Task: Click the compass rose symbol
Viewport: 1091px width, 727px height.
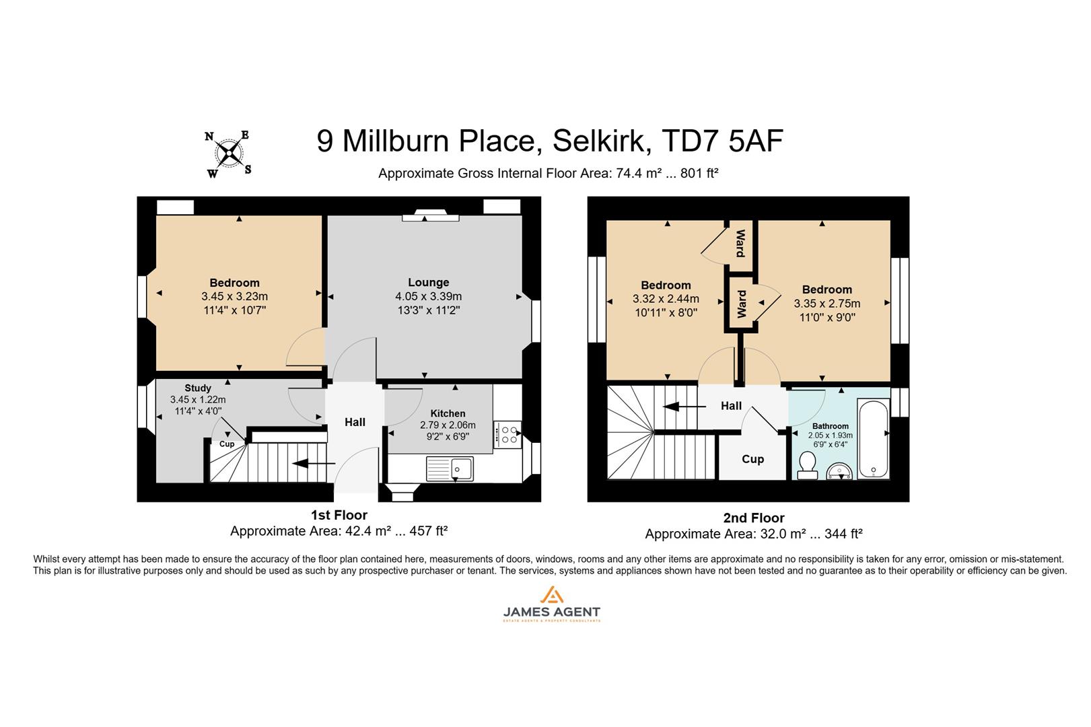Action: pyautogui.click(x=230, y=153)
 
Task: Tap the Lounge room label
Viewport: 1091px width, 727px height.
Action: pyautogui.click(x=428, y=282)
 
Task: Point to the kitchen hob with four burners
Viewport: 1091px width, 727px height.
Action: pyautogui.click(x=507, y=434)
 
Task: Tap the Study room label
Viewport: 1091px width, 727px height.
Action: pyautogui.click(x=198, y=388)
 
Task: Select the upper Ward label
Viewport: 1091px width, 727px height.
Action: pyautogui.click(x=740, y=243)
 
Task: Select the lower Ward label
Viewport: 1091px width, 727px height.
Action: pyautogui.click(x=742, y=304)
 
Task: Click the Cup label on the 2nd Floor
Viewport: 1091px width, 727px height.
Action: pyautogui.click(x=752, y=459)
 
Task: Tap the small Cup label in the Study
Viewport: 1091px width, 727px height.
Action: pyautogui.click(x=227, y=444)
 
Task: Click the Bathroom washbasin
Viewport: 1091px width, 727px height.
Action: pyautogui.click(x=839, y=471)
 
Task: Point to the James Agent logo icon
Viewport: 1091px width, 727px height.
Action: pyautogui.click(x=551, y=596)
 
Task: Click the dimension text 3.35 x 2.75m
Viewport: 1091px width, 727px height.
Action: pyautogui.click(x=826, y=304)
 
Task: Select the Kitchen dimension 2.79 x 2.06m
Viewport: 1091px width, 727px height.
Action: pyautogui.click(x=448, y=425)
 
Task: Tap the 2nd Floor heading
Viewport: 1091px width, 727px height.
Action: pyautogui.click(x=753, y=518)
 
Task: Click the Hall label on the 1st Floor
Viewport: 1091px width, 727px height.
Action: pyautogui.click(x=355, y=422)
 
